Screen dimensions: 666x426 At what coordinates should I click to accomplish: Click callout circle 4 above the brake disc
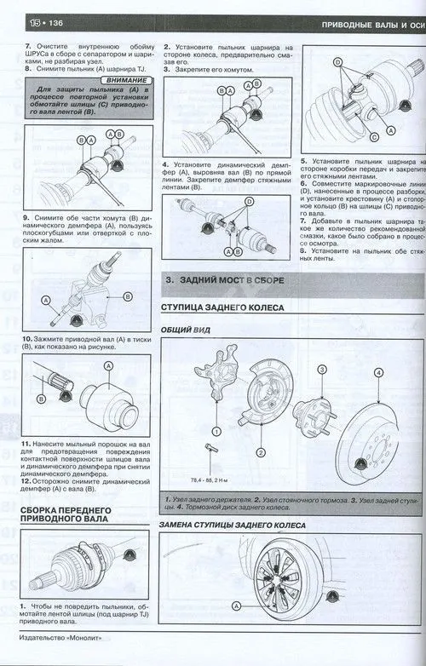tap(378, 372)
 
